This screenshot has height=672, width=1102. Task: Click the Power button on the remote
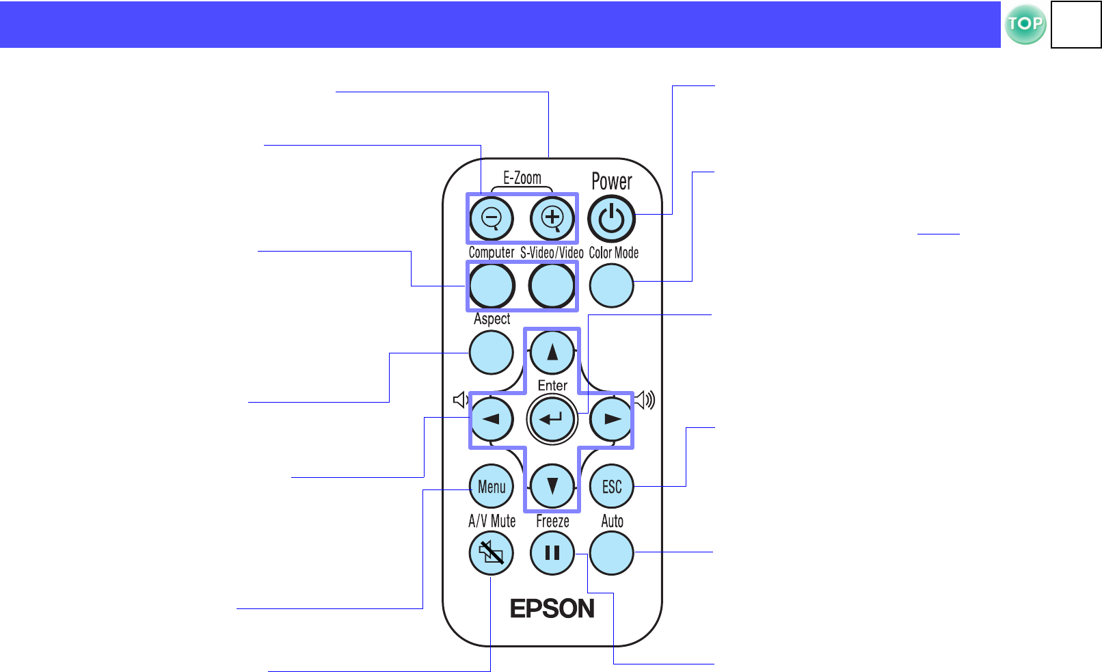pyautogui.click(x=611, y=219)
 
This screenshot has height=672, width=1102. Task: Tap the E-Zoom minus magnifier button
pyautogui.click(x=492, y=218)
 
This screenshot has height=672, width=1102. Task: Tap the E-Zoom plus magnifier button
pyautogui.click(x=552, y=218)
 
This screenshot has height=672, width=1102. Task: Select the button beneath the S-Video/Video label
pyautogui.click(x=552, y=285)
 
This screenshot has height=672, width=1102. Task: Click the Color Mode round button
pyautogui.click(x=611, y=285)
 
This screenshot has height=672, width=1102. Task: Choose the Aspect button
pyautogui.click(x=491, y=352)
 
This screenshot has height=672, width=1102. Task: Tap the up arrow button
pyautogui.click(x=552, y=352)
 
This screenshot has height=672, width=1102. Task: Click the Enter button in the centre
pyautogui.click(x=552, y=419)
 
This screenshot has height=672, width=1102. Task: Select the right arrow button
pyautogui.click(x=611, y=419)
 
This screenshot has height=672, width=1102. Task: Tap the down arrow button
pyautogui.click(x=552, y=486)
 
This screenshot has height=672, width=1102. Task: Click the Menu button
pyautogui.click(x=492, y=486)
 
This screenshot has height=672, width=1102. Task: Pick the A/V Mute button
pyautogui.click(x=491, y=552)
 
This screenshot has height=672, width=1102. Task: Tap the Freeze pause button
pyautogui.click(x=552, y=552)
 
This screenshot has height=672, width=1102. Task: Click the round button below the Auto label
pyautogui.click(x=611, y=552)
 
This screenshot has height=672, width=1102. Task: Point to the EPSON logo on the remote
pyautogui.click(x=552, y=608)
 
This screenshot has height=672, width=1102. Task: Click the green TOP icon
pyautogui.click(x=1025, y=25)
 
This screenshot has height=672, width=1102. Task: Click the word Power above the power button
pyautogui.click(x=611, y=182)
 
